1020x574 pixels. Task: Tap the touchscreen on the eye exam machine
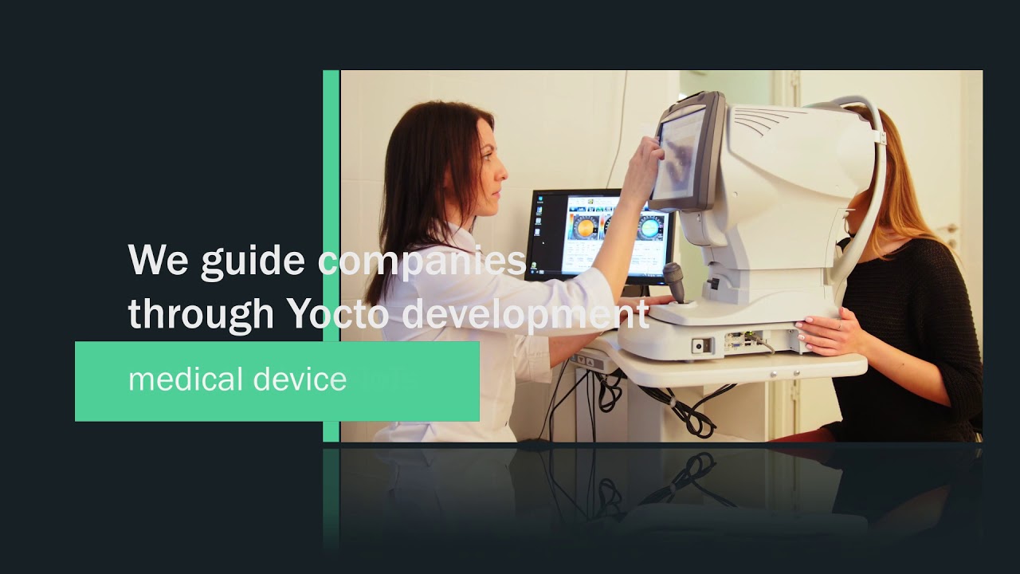679,153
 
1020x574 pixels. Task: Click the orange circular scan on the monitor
586,228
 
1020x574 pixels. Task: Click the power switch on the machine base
702,346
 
